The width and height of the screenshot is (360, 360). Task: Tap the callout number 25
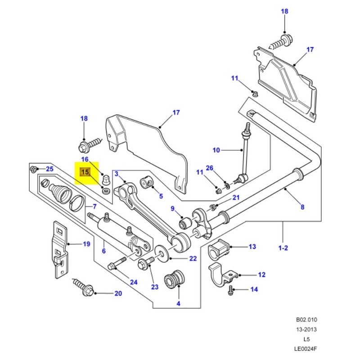click(49, 169)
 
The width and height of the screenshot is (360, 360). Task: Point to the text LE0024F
click(306, 348)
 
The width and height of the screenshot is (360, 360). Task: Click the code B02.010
click(306, 320)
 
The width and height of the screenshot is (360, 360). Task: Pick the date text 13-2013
click(306, 329)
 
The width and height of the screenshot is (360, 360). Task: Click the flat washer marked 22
click(161, 253)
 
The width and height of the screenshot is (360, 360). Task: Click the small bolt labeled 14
click(231, 289)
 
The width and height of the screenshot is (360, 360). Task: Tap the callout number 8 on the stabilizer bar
click(302, 207)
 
